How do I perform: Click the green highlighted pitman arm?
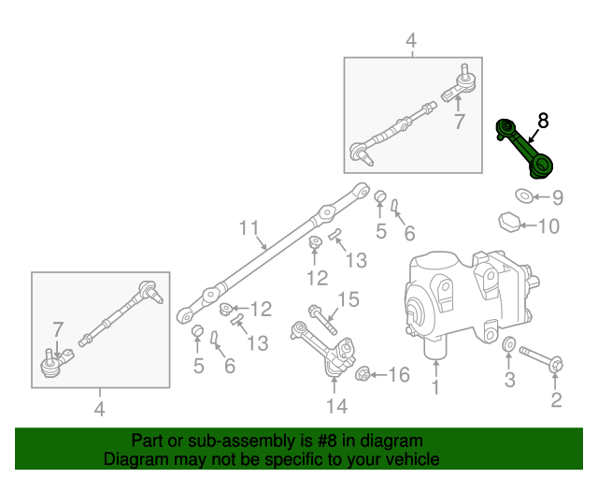[x=527, y=147]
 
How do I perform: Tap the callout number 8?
[x=543, y=120]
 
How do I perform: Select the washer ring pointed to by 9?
[x=524, y=196]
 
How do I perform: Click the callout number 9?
[x=557, y=197]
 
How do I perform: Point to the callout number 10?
[x=548, y=225]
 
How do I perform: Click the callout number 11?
[x=248, y=228]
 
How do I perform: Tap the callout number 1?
[x=434, y=386]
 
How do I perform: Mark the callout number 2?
[x=556, y=401]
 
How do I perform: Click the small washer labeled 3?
[x=508, y=349]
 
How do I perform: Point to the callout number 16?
[x=398, y=375]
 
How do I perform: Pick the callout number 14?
[x=336, y=405]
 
